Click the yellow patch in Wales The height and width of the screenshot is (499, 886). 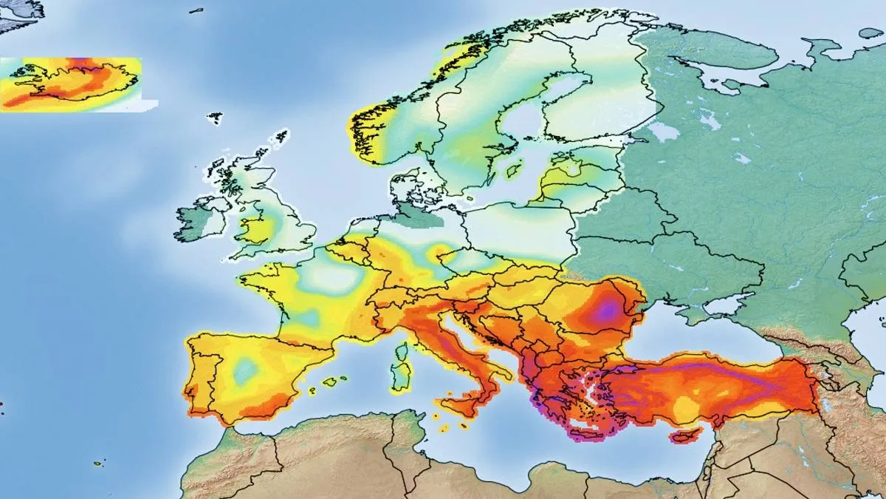[x=255, y=229]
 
